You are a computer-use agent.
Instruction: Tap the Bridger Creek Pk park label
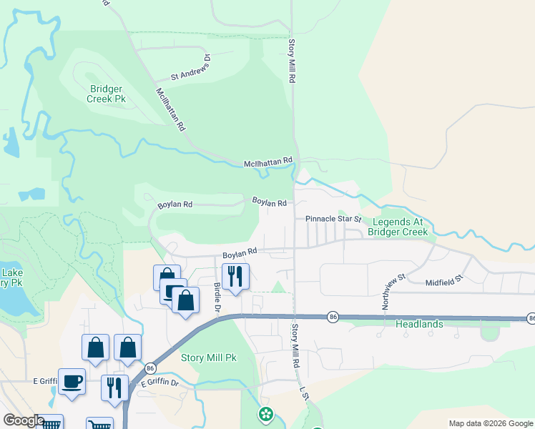click(107, 94)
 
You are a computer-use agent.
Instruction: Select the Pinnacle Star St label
click(334, 218)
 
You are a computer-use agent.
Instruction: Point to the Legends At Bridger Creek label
click(398, 227)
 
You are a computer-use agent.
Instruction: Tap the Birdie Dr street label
click(217, 297)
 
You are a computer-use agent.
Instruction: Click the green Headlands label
click(419, 324)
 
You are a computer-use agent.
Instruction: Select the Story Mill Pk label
click(208, 357)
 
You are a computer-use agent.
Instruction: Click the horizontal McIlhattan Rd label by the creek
click(267, 162)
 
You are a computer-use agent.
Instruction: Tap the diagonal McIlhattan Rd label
click(171, 109)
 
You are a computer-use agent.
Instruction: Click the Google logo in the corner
click(24, 420)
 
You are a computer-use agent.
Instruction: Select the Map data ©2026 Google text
click(490, 423)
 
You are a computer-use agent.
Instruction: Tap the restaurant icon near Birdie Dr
click(235, 276)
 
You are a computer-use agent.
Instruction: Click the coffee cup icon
click(72, 380)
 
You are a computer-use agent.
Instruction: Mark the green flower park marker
click(266, 413)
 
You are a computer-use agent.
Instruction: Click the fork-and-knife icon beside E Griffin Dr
click(114, 388)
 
